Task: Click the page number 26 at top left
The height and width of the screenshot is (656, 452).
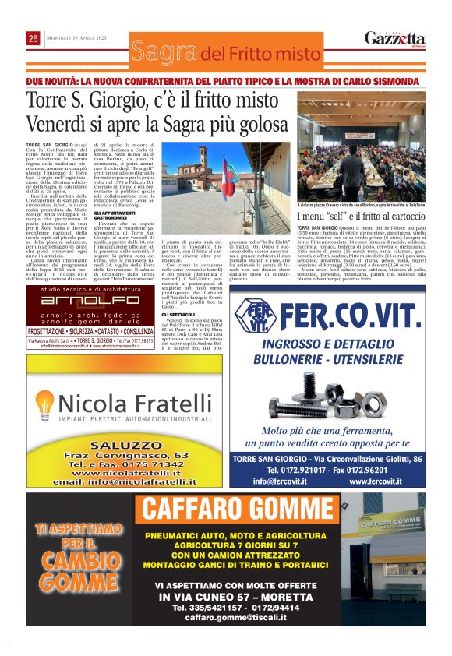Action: tap(34, 38)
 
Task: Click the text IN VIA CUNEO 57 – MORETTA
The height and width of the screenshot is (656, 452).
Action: tap(241, 595)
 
